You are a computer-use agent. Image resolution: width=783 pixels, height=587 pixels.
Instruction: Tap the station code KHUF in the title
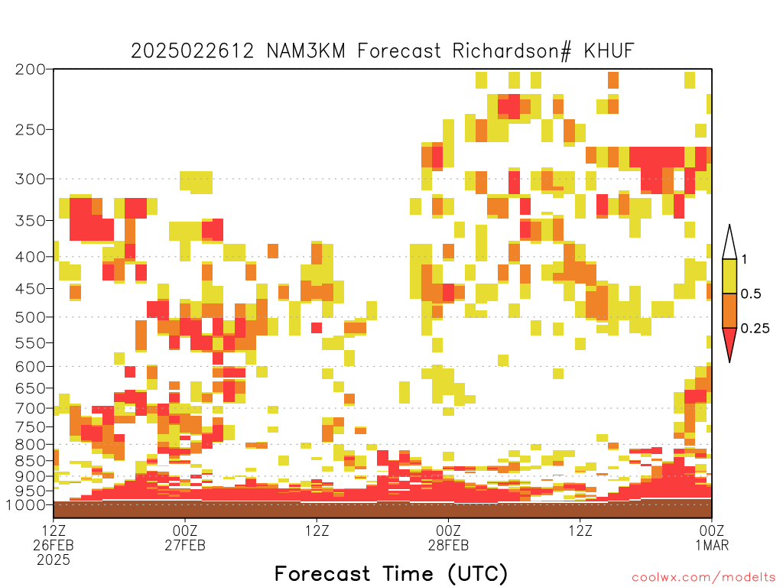[609, 51]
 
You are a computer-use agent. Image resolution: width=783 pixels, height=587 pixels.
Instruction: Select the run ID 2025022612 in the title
[192, 51]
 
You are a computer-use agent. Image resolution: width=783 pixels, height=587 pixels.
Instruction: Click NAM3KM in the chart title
[306, 51]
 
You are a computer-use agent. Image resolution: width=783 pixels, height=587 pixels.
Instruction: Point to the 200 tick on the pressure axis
[30, 70]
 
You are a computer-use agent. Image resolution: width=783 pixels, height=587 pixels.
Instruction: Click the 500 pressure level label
[30, 317]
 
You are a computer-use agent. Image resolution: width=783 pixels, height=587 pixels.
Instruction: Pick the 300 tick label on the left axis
[30, 179]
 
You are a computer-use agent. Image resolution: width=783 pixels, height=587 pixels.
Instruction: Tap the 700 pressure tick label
[30, 408]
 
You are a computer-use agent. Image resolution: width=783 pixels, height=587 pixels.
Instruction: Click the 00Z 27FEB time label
[185, 537]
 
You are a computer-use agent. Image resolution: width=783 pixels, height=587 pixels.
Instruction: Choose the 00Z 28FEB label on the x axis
[448, 537]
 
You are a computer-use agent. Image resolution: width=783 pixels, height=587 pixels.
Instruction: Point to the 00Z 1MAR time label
[712, 537]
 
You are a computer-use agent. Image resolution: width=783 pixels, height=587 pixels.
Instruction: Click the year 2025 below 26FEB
[54, 560]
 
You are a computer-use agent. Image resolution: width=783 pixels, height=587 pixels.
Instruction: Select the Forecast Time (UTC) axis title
[391, 574]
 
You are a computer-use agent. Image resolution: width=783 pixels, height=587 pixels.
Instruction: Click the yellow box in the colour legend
[729, 276]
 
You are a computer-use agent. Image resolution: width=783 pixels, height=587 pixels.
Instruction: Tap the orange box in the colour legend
[729, 310]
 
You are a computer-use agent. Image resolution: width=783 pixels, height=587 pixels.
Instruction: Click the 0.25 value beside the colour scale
[755, 328]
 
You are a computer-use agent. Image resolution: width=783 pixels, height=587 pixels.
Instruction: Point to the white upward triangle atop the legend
[729, 242]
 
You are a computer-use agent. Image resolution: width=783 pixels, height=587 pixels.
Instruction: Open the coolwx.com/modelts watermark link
[703, 578]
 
